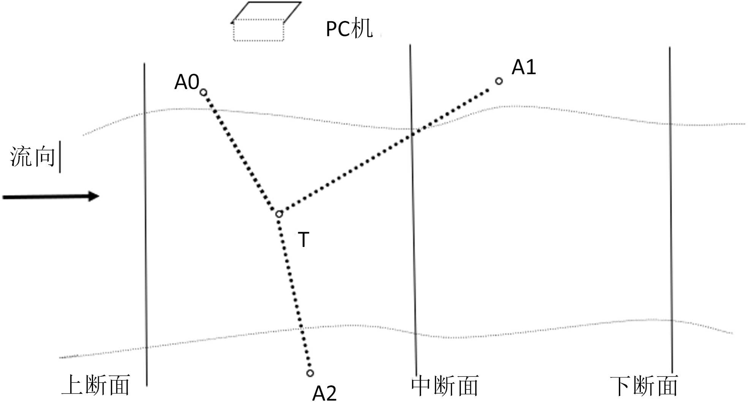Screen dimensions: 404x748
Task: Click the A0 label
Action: [x=187, y=82]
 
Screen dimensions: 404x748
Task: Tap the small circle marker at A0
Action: [x=203, y=92]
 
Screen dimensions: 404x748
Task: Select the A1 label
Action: [x=523, y=67]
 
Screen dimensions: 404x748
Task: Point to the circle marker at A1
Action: [x=499, y=81]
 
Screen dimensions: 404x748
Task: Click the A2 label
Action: [x=324, y=393]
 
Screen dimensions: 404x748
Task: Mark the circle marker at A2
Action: [x=310, y=373]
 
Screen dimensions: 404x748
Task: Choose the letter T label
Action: [x=304, y=240]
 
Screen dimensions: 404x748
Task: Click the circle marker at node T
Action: [x=279, y=214]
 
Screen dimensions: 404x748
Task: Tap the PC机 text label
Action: [x=349, y=28]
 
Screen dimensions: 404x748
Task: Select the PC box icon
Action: [x=262, y=23]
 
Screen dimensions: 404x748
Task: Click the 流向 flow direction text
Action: [x=33, y=157]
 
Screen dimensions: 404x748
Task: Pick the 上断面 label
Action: [x=96, y=385]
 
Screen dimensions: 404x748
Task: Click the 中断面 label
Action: [x=444, y=386]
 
